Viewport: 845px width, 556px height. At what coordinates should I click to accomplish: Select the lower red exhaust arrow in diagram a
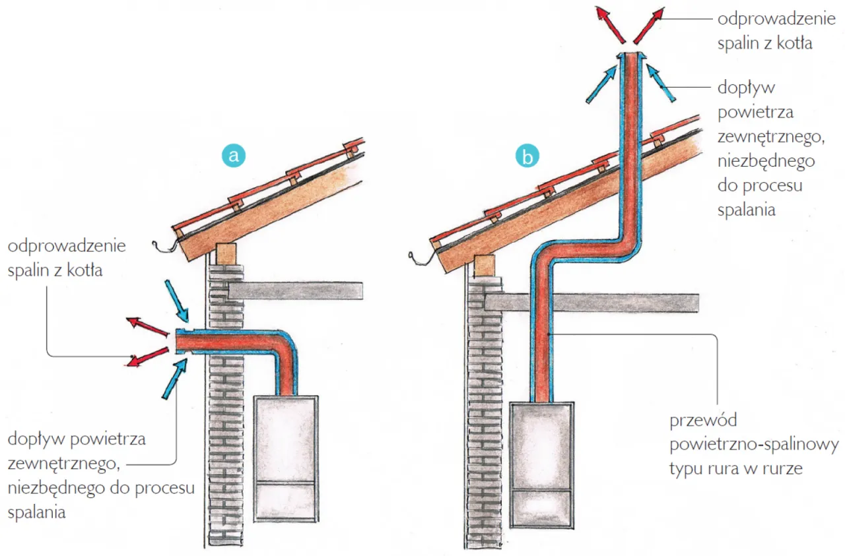[149, 355]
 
